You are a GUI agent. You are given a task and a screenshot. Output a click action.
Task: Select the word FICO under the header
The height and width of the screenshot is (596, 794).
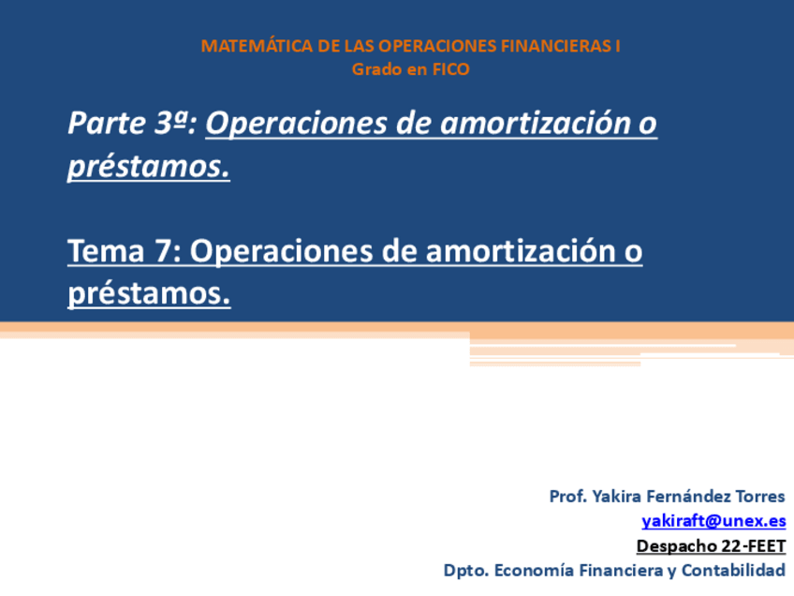point(450,68)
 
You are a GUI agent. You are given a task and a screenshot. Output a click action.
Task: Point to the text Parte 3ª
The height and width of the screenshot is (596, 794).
point(132,124)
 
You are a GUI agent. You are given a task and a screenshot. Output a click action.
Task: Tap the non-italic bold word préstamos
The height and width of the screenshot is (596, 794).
point(148,294)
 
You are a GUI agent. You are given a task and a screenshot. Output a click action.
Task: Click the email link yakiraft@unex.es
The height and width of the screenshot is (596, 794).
point(713,521)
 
